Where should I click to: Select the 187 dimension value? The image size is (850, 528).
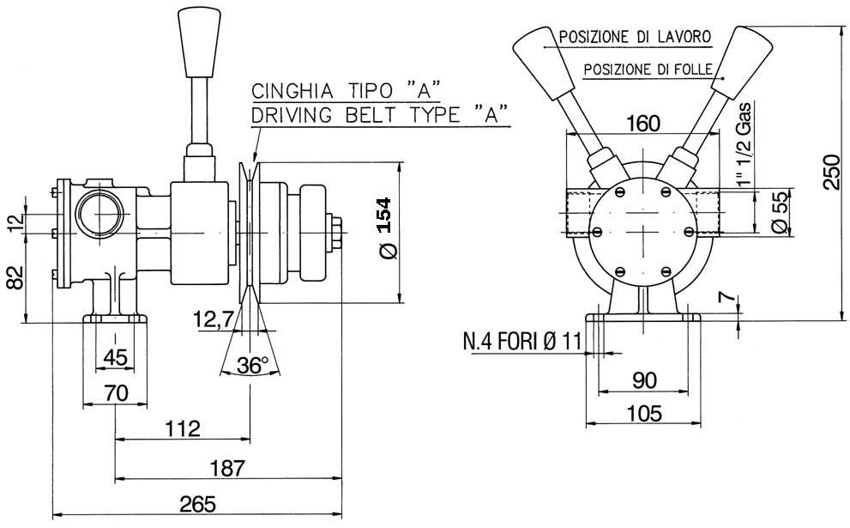tap(227, 468)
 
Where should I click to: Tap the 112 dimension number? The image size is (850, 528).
tap(182, 428)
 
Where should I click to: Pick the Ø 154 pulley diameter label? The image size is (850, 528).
tap(385, 228)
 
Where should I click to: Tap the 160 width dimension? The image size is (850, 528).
tap(642, 123)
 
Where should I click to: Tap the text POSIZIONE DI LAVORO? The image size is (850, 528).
tap(634, 37)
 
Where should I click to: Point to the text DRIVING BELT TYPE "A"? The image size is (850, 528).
tap(380, 113)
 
